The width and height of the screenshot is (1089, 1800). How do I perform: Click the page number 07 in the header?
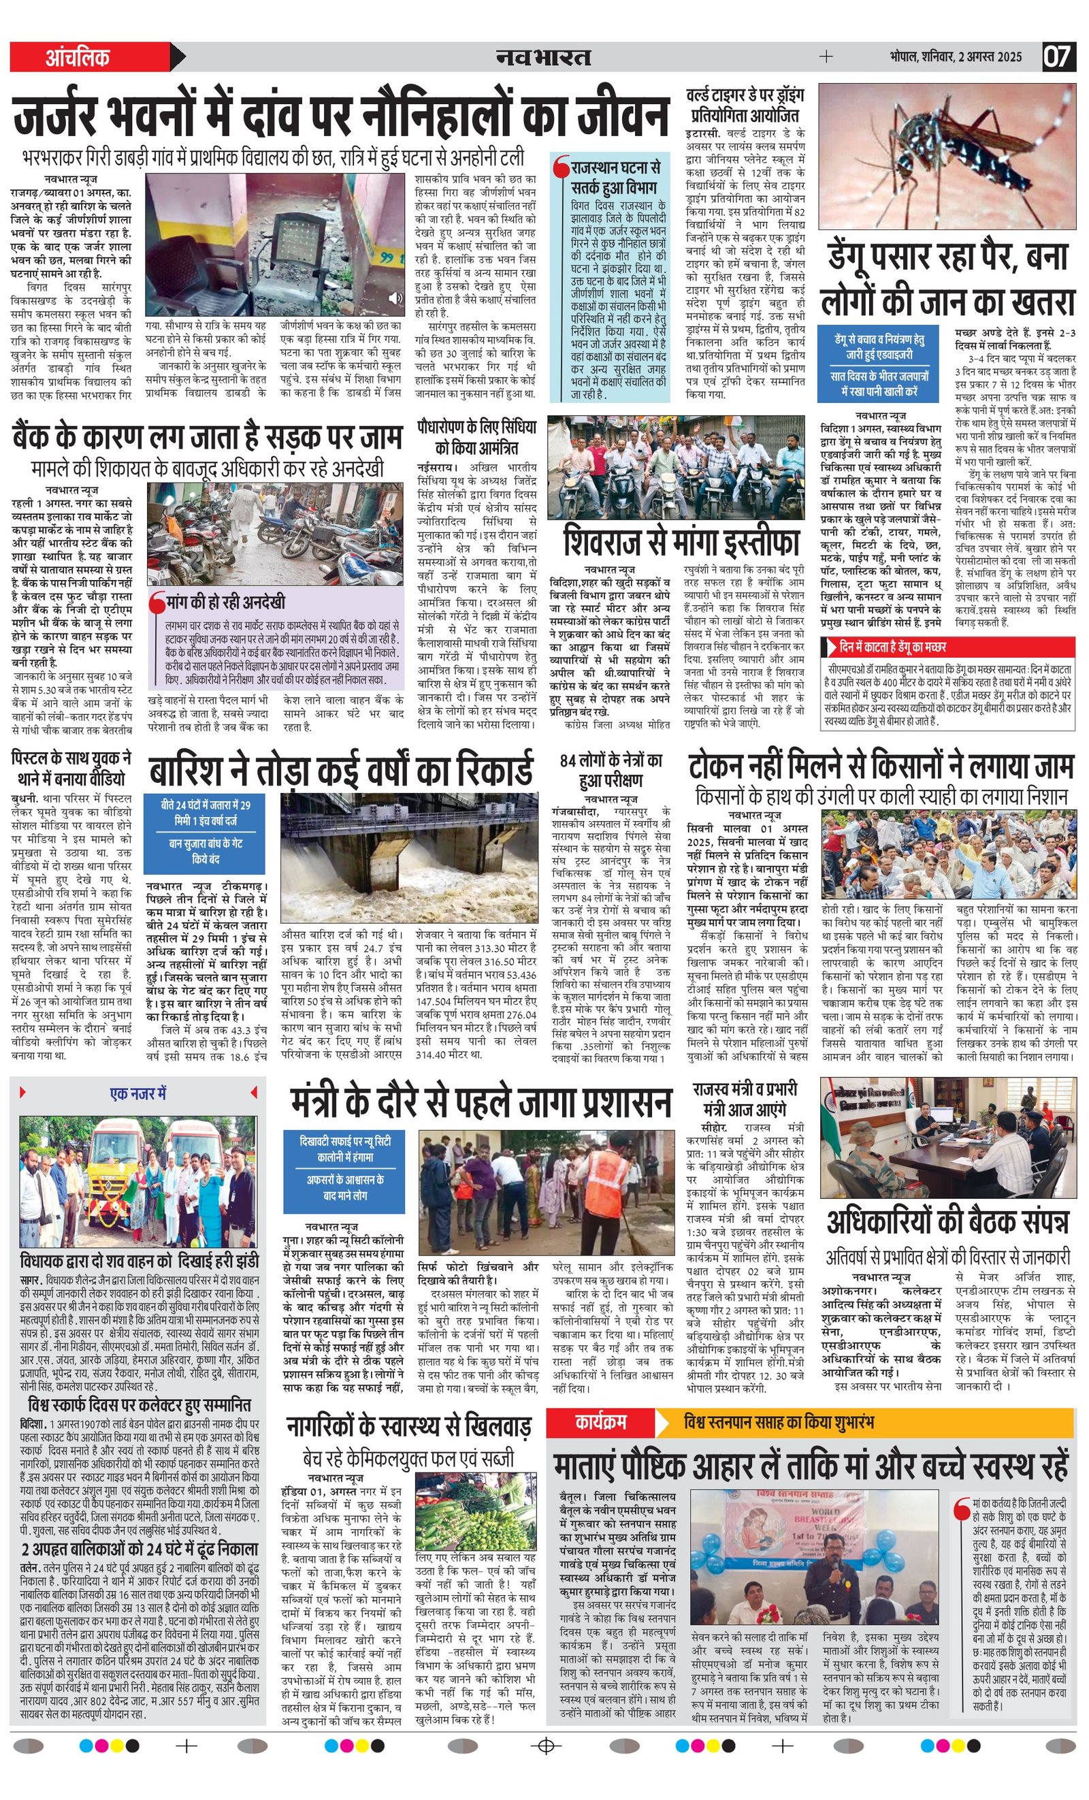[x=1058, y=57]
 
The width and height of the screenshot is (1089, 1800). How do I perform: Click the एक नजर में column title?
[x=138, y=1093]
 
